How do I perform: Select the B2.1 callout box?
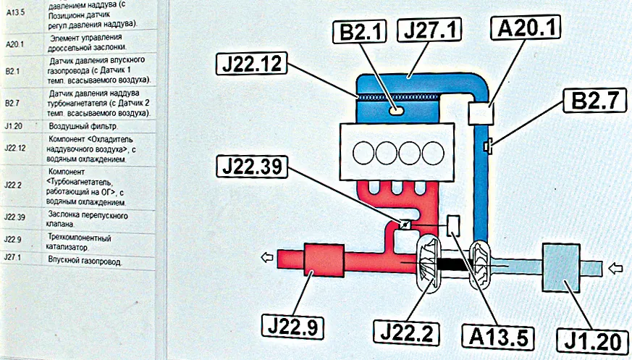[x=361, y=33]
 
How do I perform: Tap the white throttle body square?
[x=480, y=112]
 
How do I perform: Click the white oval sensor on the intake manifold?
[x=396, y=111]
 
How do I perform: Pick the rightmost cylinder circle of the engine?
[x=432, y=153]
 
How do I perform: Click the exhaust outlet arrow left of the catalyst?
[x=267, y=255]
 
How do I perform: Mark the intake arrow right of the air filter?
[x=616, y=269]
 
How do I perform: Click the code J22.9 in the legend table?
[x=12, y=238]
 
